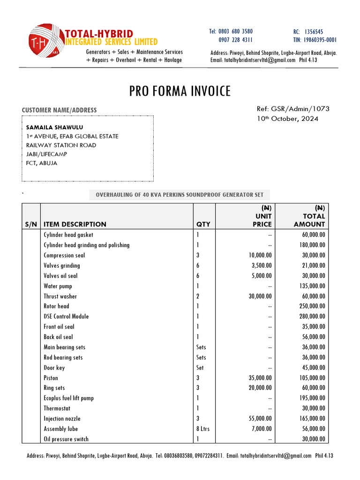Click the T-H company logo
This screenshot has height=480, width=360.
coord(45,42)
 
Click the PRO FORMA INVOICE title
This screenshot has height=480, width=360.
coord(180,91)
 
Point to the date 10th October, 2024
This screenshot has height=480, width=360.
coord(287,119)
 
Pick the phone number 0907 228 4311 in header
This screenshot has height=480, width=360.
coord(236,40)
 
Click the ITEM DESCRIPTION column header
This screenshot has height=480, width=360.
coord(75,224)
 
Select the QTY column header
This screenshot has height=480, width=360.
coord(203,224)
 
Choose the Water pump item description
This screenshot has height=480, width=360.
coord(58,286)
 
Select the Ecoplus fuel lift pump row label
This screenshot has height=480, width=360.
coord(68,398)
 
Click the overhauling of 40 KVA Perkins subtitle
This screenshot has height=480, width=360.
coord(180,195)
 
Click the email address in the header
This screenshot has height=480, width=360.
coord(253,60)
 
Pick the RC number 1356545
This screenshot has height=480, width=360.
coord(314,31)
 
